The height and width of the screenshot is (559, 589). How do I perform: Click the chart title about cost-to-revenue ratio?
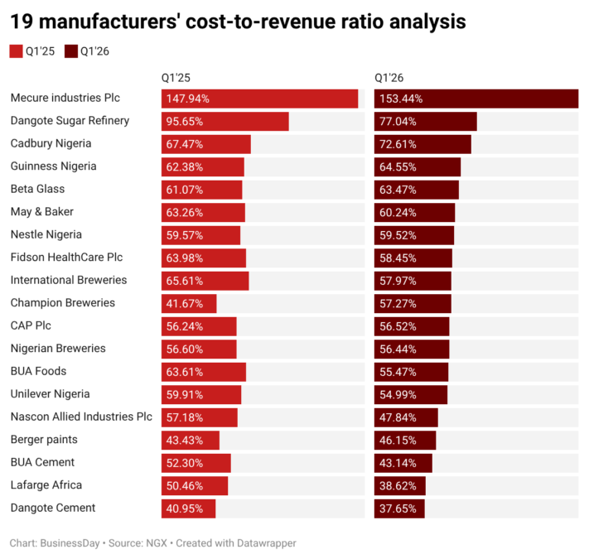point(238,22)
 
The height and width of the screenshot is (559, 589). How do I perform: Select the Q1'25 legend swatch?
point(16,51)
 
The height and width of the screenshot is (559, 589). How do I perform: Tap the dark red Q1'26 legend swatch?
point(71,51)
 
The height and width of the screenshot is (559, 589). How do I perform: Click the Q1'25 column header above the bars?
point(176,78)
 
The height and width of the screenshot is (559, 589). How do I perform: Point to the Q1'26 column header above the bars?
point(389,78)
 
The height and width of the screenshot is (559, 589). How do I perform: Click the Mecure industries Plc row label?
point(65,98)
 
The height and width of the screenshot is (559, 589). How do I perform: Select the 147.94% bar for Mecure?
point(259,99)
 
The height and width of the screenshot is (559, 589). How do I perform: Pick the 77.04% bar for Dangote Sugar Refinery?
point(426,122)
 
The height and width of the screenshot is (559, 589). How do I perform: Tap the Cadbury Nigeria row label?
point(51,143)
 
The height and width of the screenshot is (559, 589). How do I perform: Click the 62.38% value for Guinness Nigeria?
point(185,167)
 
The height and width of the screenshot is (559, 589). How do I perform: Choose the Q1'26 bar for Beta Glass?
point(417,190)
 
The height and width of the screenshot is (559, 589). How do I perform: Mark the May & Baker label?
point(42,212)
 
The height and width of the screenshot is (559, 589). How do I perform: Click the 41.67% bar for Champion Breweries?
point(189,304)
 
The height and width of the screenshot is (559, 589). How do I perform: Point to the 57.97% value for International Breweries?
point(398,281)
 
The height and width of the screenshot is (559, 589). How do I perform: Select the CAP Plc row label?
point(31,325)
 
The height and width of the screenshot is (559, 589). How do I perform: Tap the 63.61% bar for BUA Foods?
point(204,372)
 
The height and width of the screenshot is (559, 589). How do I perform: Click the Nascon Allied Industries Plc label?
point(81,417)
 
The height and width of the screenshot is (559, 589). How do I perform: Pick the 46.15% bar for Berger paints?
point(405,441)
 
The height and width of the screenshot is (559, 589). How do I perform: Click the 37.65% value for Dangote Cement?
point(398,508)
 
